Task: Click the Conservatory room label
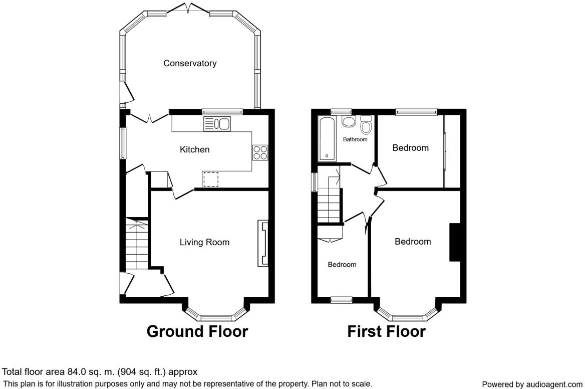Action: (190, 63)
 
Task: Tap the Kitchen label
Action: (194, 149)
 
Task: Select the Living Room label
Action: (204, 242)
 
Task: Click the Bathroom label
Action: (355, 139)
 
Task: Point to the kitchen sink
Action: (216, 124)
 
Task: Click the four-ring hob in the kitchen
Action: (260, 152)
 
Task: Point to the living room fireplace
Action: (262, 243)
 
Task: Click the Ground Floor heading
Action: (197, 331)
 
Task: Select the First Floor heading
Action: (386, 331)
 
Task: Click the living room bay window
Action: (216, 317)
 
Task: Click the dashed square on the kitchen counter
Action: (211, 179)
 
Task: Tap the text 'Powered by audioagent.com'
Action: (532, 384)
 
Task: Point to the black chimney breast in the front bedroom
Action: (455, 242)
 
